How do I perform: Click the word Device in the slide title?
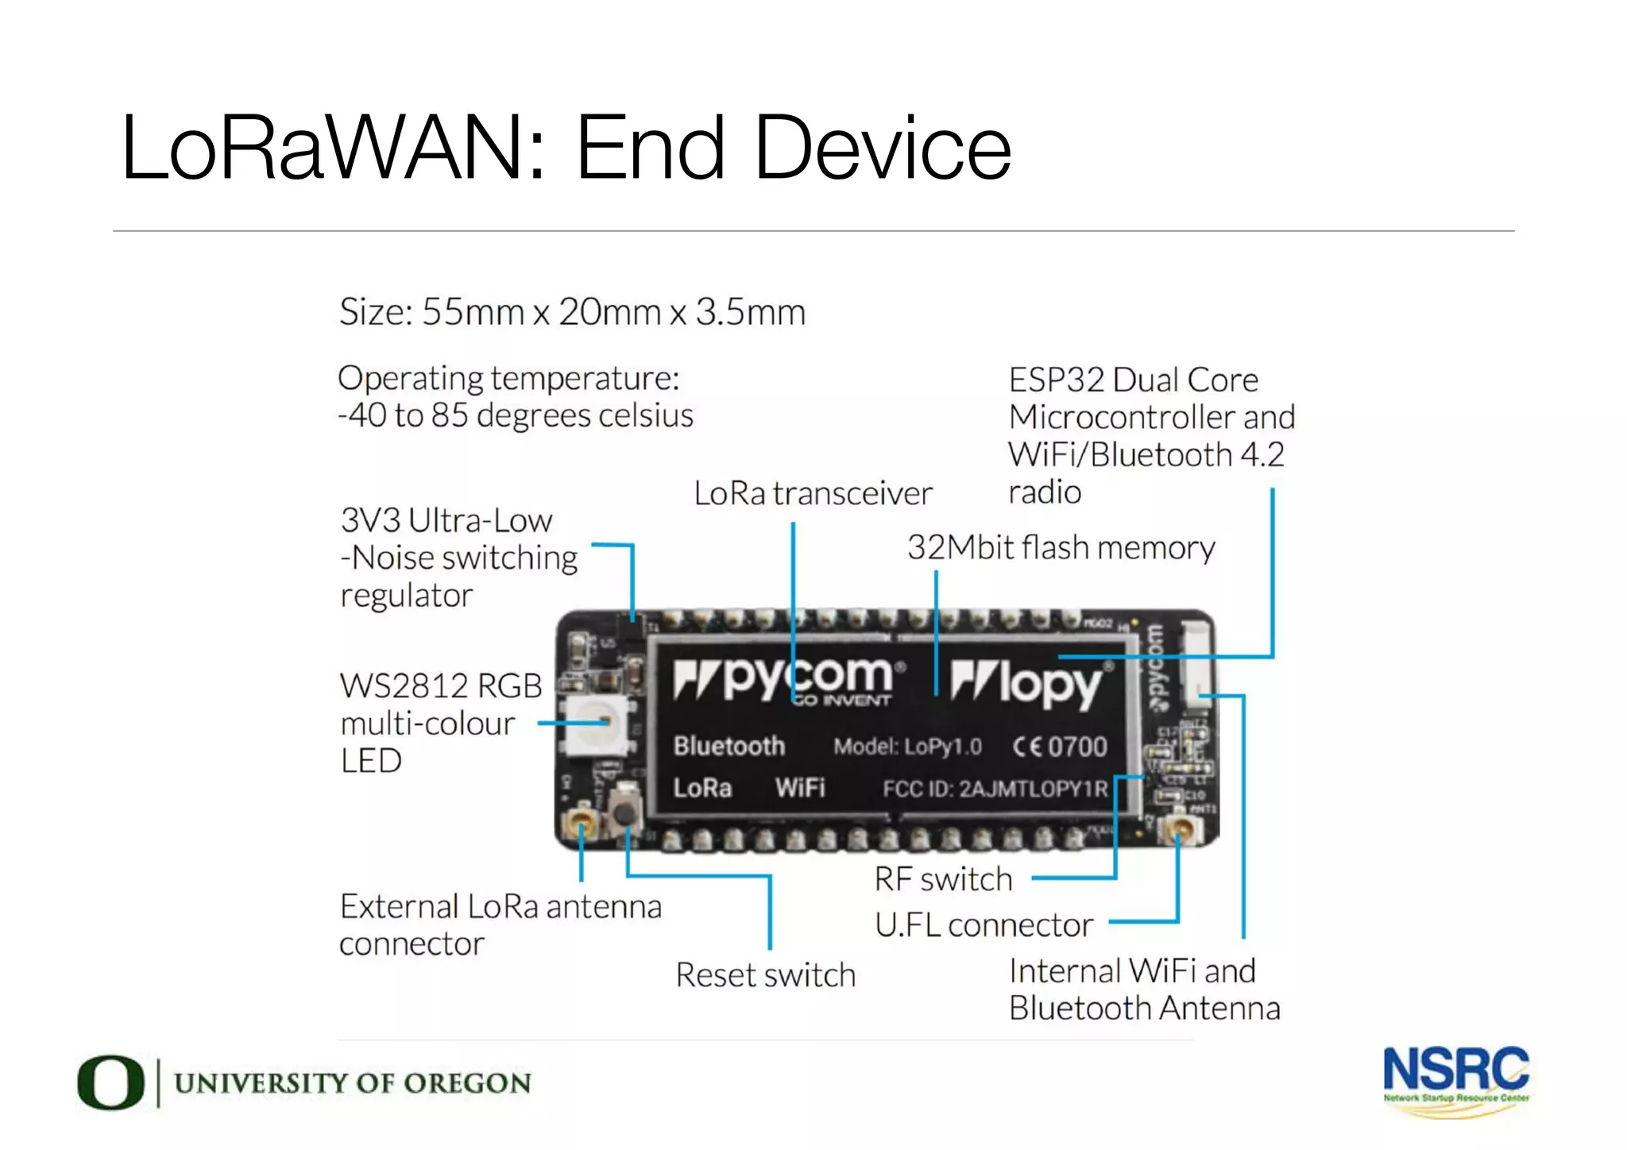coord(882,149)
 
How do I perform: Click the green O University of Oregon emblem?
coord(110,1082)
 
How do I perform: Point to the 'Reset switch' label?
coord(765,975)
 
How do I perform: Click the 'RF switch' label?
coord(943,879)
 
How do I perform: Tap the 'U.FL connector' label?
coord(984,925)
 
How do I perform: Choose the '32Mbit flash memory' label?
coord(1061,548)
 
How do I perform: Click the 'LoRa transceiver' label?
coord(813,493)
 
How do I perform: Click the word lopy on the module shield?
coord(1049,683)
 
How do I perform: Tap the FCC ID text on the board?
coord(995,789)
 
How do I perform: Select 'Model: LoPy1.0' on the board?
coord(907,747)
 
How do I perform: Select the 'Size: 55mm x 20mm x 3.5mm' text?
coord(572,312)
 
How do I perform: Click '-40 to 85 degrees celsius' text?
coord(516,415)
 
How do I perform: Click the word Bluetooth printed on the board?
coord(728,747)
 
